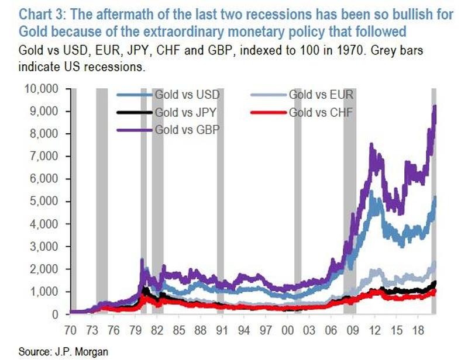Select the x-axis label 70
point(73,328)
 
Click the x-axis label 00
point(287,328)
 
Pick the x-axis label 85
point(180,328)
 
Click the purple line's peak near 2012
point(371,144)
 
